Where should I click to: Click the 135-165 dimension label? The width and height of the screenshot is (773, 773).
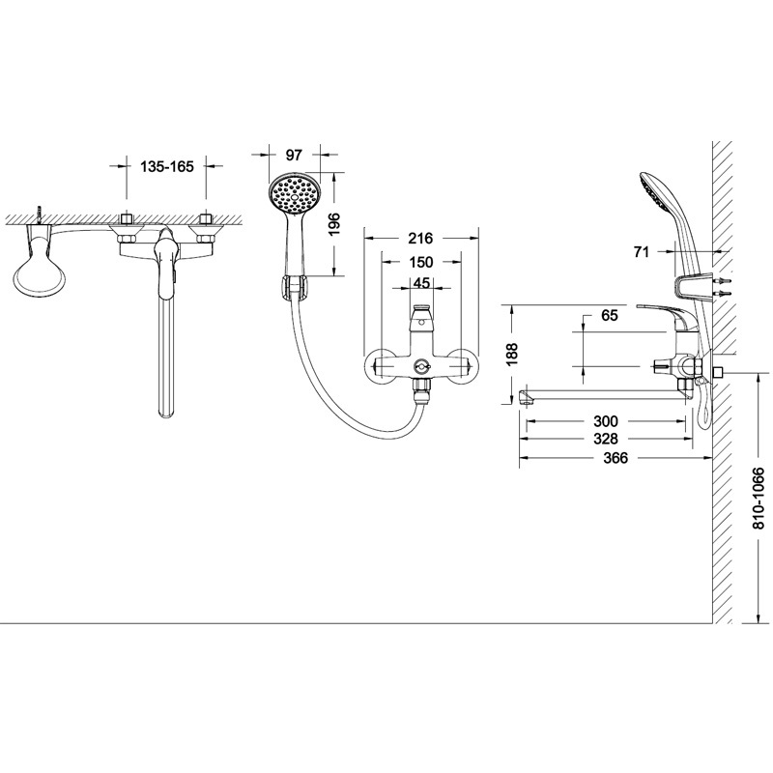167,166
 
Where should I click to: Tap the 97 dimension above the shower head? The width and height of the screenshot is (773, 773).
294,155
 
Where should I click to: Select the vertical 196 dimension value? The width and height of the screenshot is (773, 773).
334,224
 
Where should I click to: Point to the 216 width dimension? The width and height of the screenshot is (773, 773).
420,239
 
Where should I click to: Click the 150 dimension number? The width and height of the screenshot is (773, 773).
421,262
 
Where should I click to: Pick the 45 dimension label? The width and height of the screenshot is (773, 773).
420,283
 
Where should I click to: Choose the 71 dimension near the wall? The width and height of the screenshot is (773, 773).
642,252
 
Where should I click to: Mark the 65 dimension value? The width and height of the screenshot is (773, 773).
610,315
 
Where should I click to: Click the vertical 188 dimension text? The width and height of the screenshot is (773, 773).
512,354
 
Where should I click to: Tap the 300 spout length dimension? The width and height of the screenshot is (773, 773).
606,421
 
